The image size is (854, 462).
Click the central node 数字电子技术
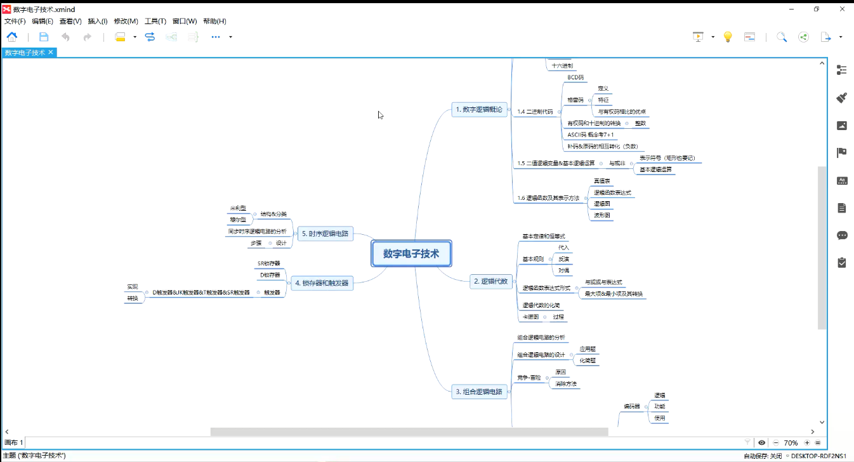click(411, 254)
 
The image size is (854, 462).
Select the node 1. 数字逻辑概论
click(478, 110)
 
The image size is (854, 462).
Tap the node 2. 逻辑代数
click(490, 281)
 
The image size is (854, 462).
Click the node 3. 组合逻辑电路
click(478, 392)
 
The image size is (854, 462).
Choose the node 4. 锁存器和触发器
click(321, 283)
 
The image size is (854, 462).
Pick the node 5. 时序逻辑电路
click(325, 234)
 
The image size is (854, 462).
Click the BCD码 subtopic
click(575, 77)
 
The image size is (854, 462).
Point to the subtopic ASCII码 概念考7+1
click(590, 135)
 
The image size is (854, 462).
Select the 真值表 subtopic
click(601, 181)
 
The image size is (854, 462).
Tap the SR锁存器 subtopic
click(268, 263)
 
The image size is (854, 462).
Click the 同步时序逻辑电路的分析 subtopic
click(257, 232)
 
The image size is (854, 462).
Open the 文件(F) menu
click(15, 21)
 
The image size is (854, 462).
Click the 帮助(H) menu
click(214, 21)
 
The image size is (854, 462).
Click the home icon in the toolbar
click(12, 37)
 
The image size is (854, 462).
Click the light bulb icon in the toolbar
click(728, 37)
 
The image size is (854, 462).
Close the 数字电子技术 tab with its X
click(51, 52)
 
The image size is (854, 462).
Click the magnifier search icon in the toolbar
click(782, 37)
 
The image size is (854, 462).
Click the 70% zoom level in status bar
click(791, 443)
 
